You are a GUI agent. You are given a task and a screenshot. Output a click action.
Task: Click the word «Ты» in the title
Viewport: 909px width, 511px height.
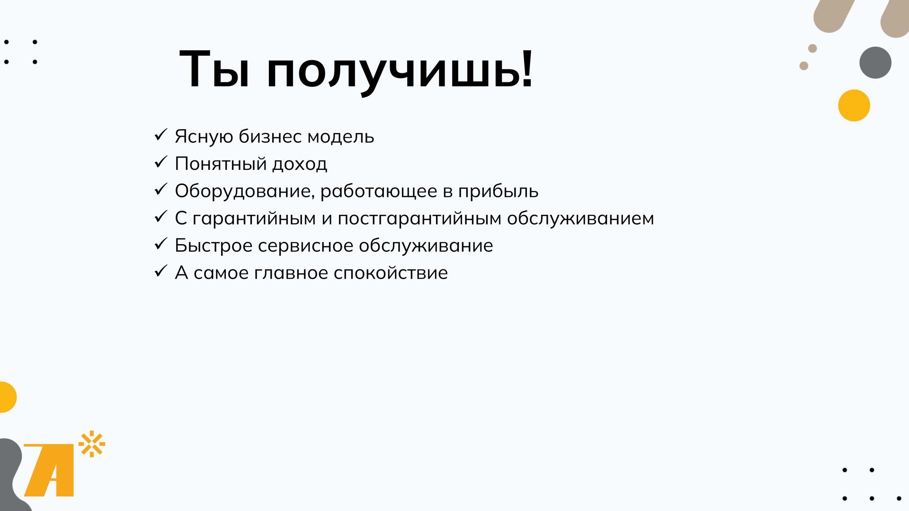214,69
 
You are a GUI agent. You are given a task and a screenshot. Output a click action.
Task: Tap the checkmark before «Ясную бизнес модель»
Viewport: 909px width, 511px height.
161,135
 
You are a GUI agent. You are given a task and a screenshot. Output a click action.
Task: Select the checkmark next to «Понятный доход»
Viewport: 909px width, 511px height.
161,163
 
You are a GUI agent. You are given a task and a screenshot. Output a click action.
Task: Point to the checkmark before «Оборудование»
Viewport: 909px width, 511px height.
161,190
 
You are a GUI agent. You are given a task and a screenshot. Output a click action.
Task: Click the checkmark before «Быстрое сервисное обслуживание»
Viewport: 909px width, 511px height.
161,244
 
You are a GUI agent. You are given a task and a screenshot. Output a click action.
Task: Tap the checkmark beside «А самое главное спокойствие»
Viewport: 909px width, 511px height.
161,272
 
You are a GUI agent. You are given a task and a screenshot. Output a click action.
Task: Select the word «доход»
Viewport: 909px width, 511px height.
300,164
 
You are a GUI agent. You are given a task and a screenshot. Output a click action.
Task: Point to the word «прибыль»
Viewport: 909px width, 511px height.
498,191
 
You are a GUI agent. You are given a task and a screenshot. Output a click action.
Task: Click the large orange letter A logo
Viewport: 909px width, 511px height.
49,470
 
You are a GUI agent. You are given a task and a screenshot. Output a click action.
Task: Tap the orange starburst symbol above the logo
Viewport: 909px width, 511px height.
92,444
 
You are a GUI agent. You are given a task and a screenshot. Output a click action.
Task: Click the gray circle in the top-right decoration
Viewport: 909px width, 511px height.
875,62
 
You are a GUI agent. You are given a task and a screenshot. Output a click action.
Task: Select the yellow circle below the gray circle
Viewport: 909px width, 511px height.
854,106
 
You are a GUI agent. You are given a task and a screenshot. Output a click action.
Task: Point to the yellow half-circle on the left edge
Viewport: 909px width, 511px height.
7,397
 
